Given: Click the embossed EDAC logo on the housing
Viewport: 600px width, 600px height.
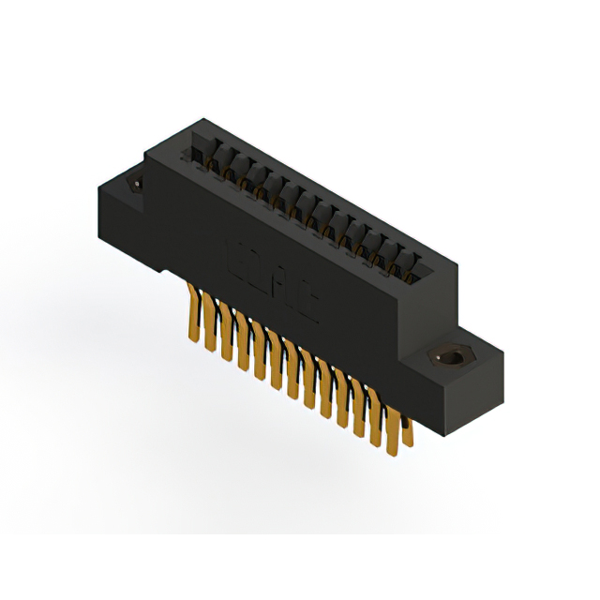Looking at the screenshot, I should tap(273, 281).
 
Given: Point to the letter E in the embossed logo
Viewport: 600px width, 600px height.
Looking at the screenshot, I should tap(235, 254).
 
